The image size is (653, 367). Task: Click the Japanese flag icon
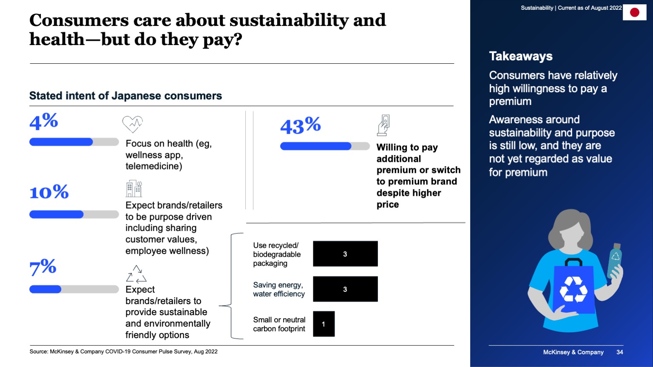coord(634,12)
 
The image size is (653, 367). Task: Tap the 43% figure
coord(300,126)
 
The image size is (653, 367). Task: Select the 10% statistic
coord(49,192)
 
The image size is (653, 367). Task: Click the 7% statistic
coord(43,268)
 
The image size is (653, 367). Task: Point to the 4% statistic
coord(43,122)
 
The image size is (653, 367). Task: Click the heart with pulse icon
coord(132,124)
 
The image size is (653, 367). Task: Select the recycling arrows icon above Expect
coord(136,274)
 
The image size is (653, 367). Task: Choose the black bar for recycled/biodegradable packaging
coord(345,254)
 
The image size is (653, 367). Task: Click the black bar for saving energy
coord(345,289)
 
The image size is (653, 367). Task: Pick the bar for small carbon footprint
coord(324,324)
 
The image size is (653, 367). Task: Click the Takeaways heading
coord(521,56)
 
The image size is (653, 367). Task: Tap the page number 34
coord(620,352)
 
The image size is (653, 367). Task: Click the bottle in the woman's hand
coord(614,260)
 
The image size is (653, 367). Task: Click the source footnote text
coord(123,352)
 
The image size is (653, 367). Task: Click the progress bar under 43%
coord(325,146)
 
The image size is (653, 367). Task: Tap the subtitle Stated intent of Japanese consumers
coord(125,96)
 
